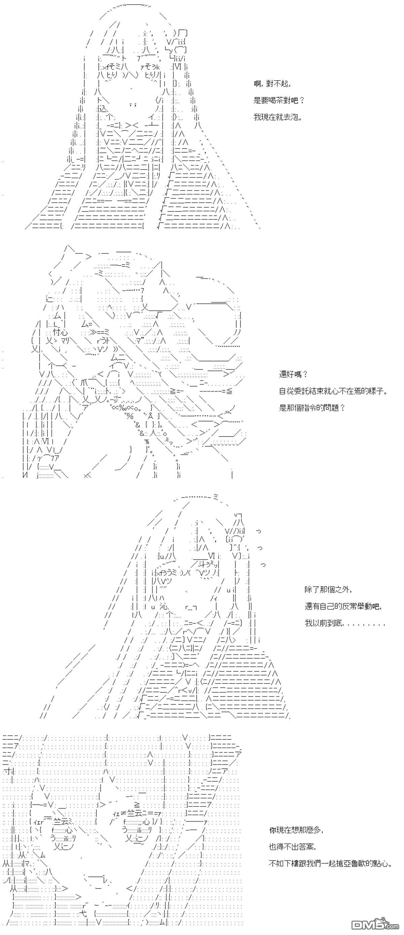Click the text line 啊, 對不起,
click(272, 84)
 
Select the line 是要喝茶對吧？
click(279, 101)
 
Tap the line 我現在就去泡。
click(278, 117)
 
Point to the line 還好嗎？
click(293, 374)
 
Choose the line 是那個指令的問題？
click(311, 408)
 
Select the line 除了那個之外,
click(328, 590)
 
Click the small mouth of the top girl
click(133, 105)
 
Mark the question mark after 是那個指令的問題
click(342, 408)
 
